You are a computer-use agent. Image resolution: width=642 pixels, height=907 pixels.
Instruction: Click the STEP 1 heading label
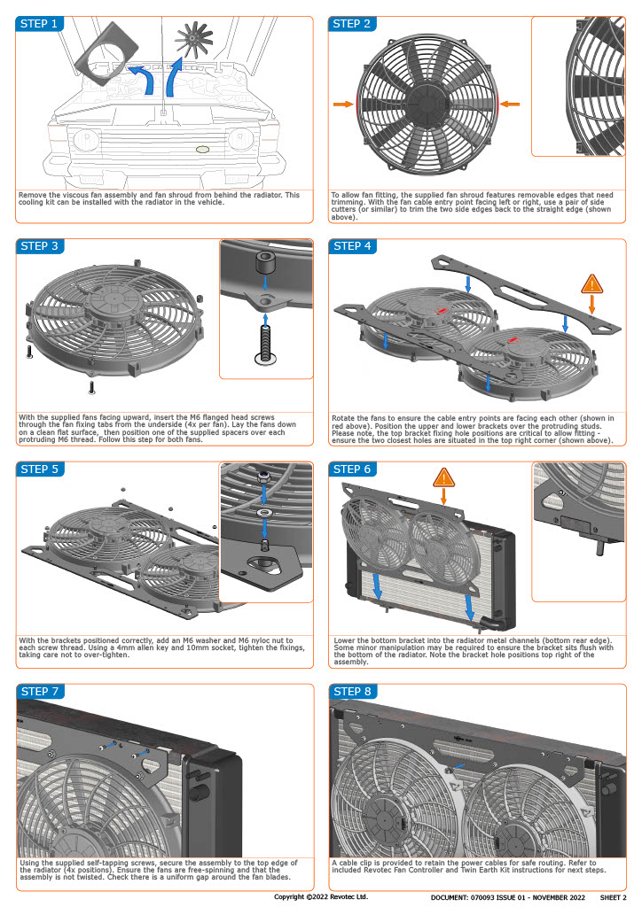[39, 24]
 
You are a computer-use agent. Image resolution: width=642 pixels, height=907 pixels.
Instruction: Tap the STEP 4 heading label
[351, 246]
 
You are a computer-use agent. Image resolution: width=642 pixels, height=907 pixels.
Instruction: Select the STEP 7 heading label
[39, 691]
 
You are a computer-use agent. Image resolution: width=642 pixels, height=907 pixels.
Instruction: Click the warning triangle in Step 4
[592, 284]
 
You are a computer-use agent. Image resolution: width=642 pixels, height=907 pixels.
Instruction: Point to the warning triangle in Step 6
[444, 479]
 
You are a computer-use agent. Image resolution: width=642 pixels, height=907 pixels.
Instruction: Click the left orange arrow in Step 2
[342, 105]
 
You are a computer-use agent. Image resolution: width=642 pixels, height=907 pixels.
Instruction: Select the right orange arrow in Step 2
[509, 105]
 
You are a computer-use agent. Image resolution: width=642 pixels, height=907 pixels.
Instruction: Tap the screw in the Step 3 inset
[265, 345]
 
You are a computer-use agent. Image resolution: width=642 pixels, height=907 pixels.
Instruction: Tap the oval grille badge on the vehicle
[202, 150]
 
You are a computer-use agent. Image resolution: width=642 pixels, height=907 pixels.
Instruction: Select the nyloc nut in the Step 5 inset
[265, 479]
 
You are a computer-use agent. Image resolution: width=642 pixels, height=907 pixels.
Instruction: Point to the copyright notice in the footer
[321, 896]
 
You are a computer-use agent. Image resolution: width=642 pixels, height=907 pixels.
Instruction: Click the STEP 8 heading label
[351, 691]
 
